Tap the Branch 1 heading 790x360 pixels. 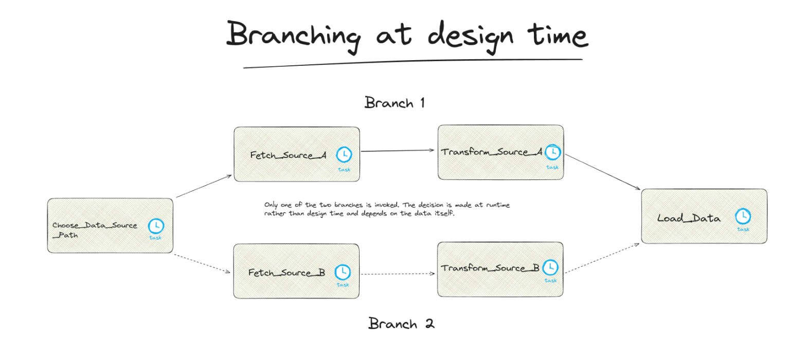394,103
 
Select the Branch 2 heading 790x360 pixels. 401,324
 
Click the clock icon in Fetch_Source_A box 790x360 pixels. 344,154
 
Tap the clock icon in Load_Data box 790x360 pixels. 743,216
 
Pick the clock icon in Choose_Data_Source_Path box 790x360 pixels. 156,226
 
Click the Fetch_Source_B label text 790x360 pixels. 286,273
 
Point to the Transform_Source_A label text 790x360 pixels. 491,152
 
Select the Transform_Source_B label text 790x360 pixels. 490,268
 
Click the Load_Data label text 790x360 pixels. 689,218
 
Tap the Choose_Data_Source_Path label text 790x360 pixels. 95,229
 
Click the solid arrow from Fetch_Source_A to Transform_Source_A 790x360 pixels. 398,151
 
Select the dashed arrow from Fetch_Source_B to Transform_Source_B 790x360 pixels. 398,274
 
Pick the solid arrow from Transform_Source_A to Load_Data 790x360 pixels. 602,172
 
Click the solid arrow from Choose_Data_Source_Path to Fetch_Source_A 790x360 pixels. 204,186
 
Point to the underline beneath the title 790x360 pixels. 411,63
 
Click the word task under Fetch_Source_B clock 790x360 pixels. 343,284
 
